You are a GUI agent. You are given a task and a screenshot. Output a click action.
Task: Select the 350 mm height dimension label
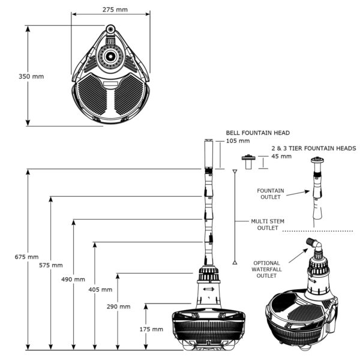coord(31,76)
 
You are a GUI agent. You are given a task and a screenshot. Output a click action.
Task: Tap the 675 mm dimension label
coord(27,257)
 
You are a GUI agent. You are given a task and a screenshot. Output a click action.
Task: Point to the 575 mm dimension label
coord(50,265)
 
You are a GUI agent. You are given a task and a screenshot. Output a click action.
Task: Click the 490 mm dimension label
coord(73,280)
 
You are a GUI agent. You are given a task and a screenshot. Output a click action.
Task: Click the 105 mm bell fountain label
coord(238,141)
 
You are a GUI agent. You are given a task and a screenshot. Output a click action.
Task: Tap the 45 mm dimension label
coord(282,157)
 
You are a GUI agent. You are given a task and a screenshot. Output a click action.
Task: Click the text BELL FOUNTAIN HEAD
coord(258,133)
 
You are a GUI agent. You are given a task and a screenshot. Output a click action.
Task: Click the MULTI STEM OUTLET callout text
coord(265,224)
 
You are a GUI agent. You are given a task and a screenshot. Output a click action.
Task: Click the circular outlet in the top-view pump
coord(110,56)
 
